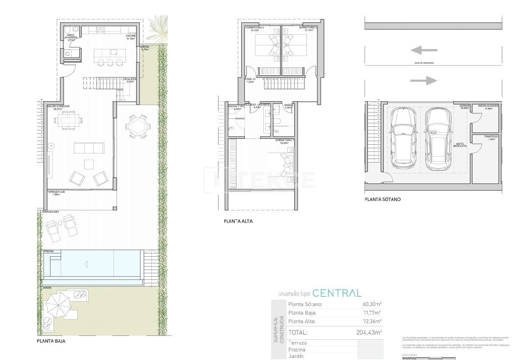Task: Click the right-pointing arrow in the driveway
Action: pyautogui.click(x=423, y=81)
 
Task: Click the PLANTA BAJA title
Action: pyautogui.click(x=51, y=341)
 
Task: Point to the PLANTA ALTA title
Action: pyautogui.click(x=238, y=221)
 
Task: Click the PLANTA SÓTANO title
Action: pyautogui.click(x=382, y=199)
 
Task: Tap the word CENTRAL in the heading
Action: pyautogui.click(x=337, y=293)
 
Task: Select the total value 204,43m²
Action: pyautogui.click(x=369, y=332)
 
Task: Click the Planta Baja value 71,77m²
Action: pyautogui.click(x=372, y=313)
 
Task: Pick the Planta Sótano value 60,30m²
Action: pyautogui.click(x=372, y=304)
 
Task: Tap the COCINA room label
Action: pyautogui.click(x=131, y=36)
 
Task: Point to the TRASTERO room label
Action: pyautogui.click(x=491, y=136)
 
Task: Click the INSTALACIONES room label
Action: pyautogui.click(x=488, y=105)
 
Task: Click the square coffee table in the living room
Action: pyautogui.click(x=89, y=164)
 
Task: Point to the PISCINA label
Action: pyautogui.click(x=49, y=251)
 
